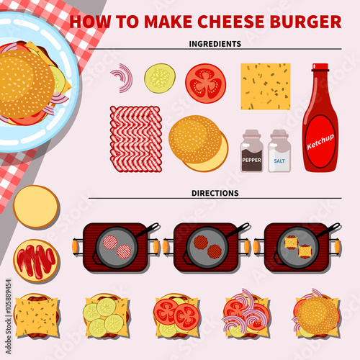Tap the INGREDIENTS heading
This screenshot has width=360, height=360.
click(x=215, y=44)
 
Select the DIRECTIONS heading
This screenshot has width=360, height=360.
click(x=215, y=193)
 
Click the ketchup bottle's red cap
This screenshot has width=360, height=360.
click(x=320, y=67)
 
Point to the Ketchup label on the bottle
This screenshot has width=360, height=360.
click(x=320, y=142)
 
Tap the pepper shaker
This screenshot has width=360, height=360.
click(x=251, y=150)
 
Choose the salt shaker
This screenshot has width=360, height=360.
click(x=279, y=150)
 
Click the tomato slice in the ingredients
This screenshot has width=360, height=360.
click(x=205, y=84)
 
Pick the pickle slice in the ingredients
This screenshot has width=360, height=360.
click(x=160, y=78)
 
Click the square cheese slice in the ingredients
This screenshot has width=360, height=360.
click(x=266, y=86)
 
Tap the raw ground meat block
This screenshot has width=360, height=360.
click(x=136, y=139)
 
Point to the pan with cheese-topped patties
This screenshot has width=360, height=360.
click(x=298, y=248)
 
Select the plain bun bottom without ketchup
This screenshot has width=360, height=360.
click(x=36, y=207)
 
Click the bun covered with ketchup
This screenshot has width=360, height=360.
click(x=36, y=261)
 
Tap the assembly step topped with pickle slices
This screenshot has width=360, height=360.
click(x=107, y=315)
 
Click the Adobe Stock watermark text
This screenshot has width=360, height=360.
click(x=9, y=316)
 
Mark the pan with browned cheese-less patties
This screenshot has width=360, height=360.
click(x=207, y=248)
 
